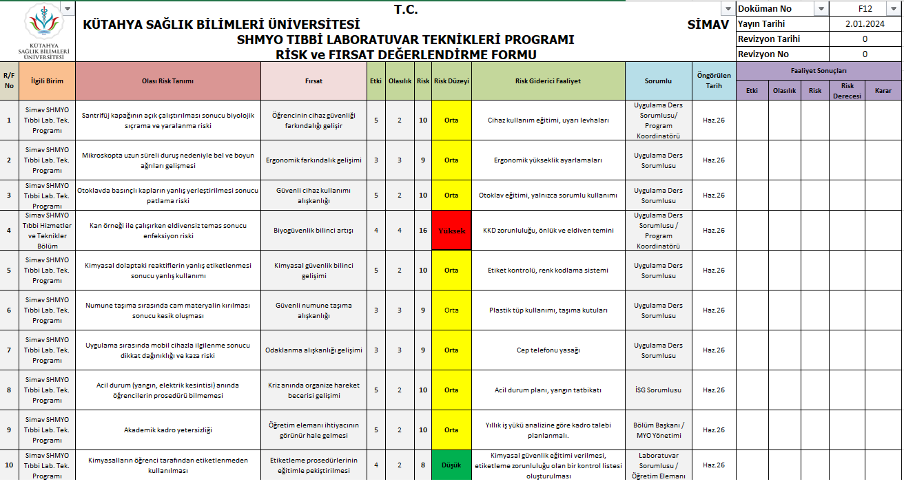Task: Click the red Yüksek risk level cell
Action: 451,231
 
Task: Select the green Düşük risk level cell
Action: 451,465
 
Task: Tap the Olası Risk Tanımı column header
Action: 168,81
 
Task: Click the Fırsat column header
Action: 313,81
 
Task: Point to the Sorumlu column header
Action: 658,81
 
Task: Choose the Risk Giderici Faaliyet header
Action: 548,81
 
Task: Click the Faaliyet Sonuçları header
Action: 819,70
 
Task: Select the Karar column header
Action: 883,90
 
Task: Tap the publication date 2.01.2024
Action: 865,24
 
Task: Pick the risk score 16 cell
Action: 423,231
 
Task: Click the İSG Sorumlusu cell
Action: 658,390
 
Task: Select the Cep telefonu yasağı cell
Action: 548,350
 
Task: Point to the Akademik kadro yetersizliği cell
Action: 168,430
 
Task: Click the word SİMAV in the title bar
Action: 708,25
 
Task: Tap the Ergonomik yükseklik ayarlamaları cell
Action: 548,160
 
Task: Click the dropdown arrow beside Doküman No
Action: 820,9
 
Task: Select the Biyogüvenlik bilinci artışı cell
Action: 313,231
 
